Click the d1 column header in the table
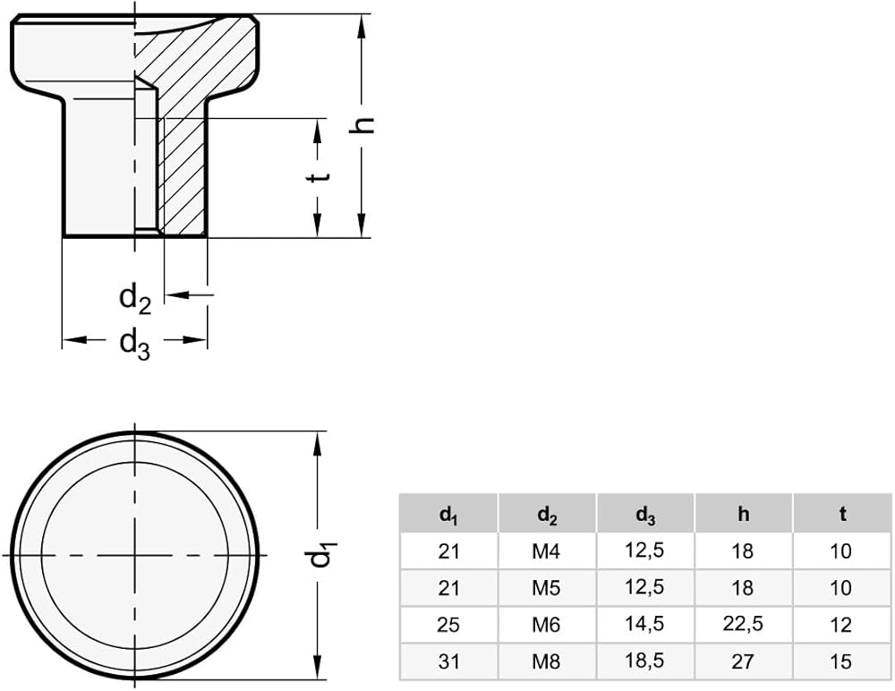click(448, 515)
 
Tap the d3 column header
click(644, 515)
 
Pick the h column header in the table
click(743, 514)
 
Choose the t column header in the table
click(841, 514)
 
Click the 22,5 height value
click(743, 625)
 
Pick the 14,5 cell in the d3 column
click(644, 625)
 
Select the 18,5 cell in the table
click(644, 661)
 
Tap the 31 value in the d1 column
click(448, 661)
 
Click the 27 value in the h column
click(743, 661)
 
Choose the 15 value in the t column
click(841, 661)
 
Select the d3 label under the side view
click(135, 343)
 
